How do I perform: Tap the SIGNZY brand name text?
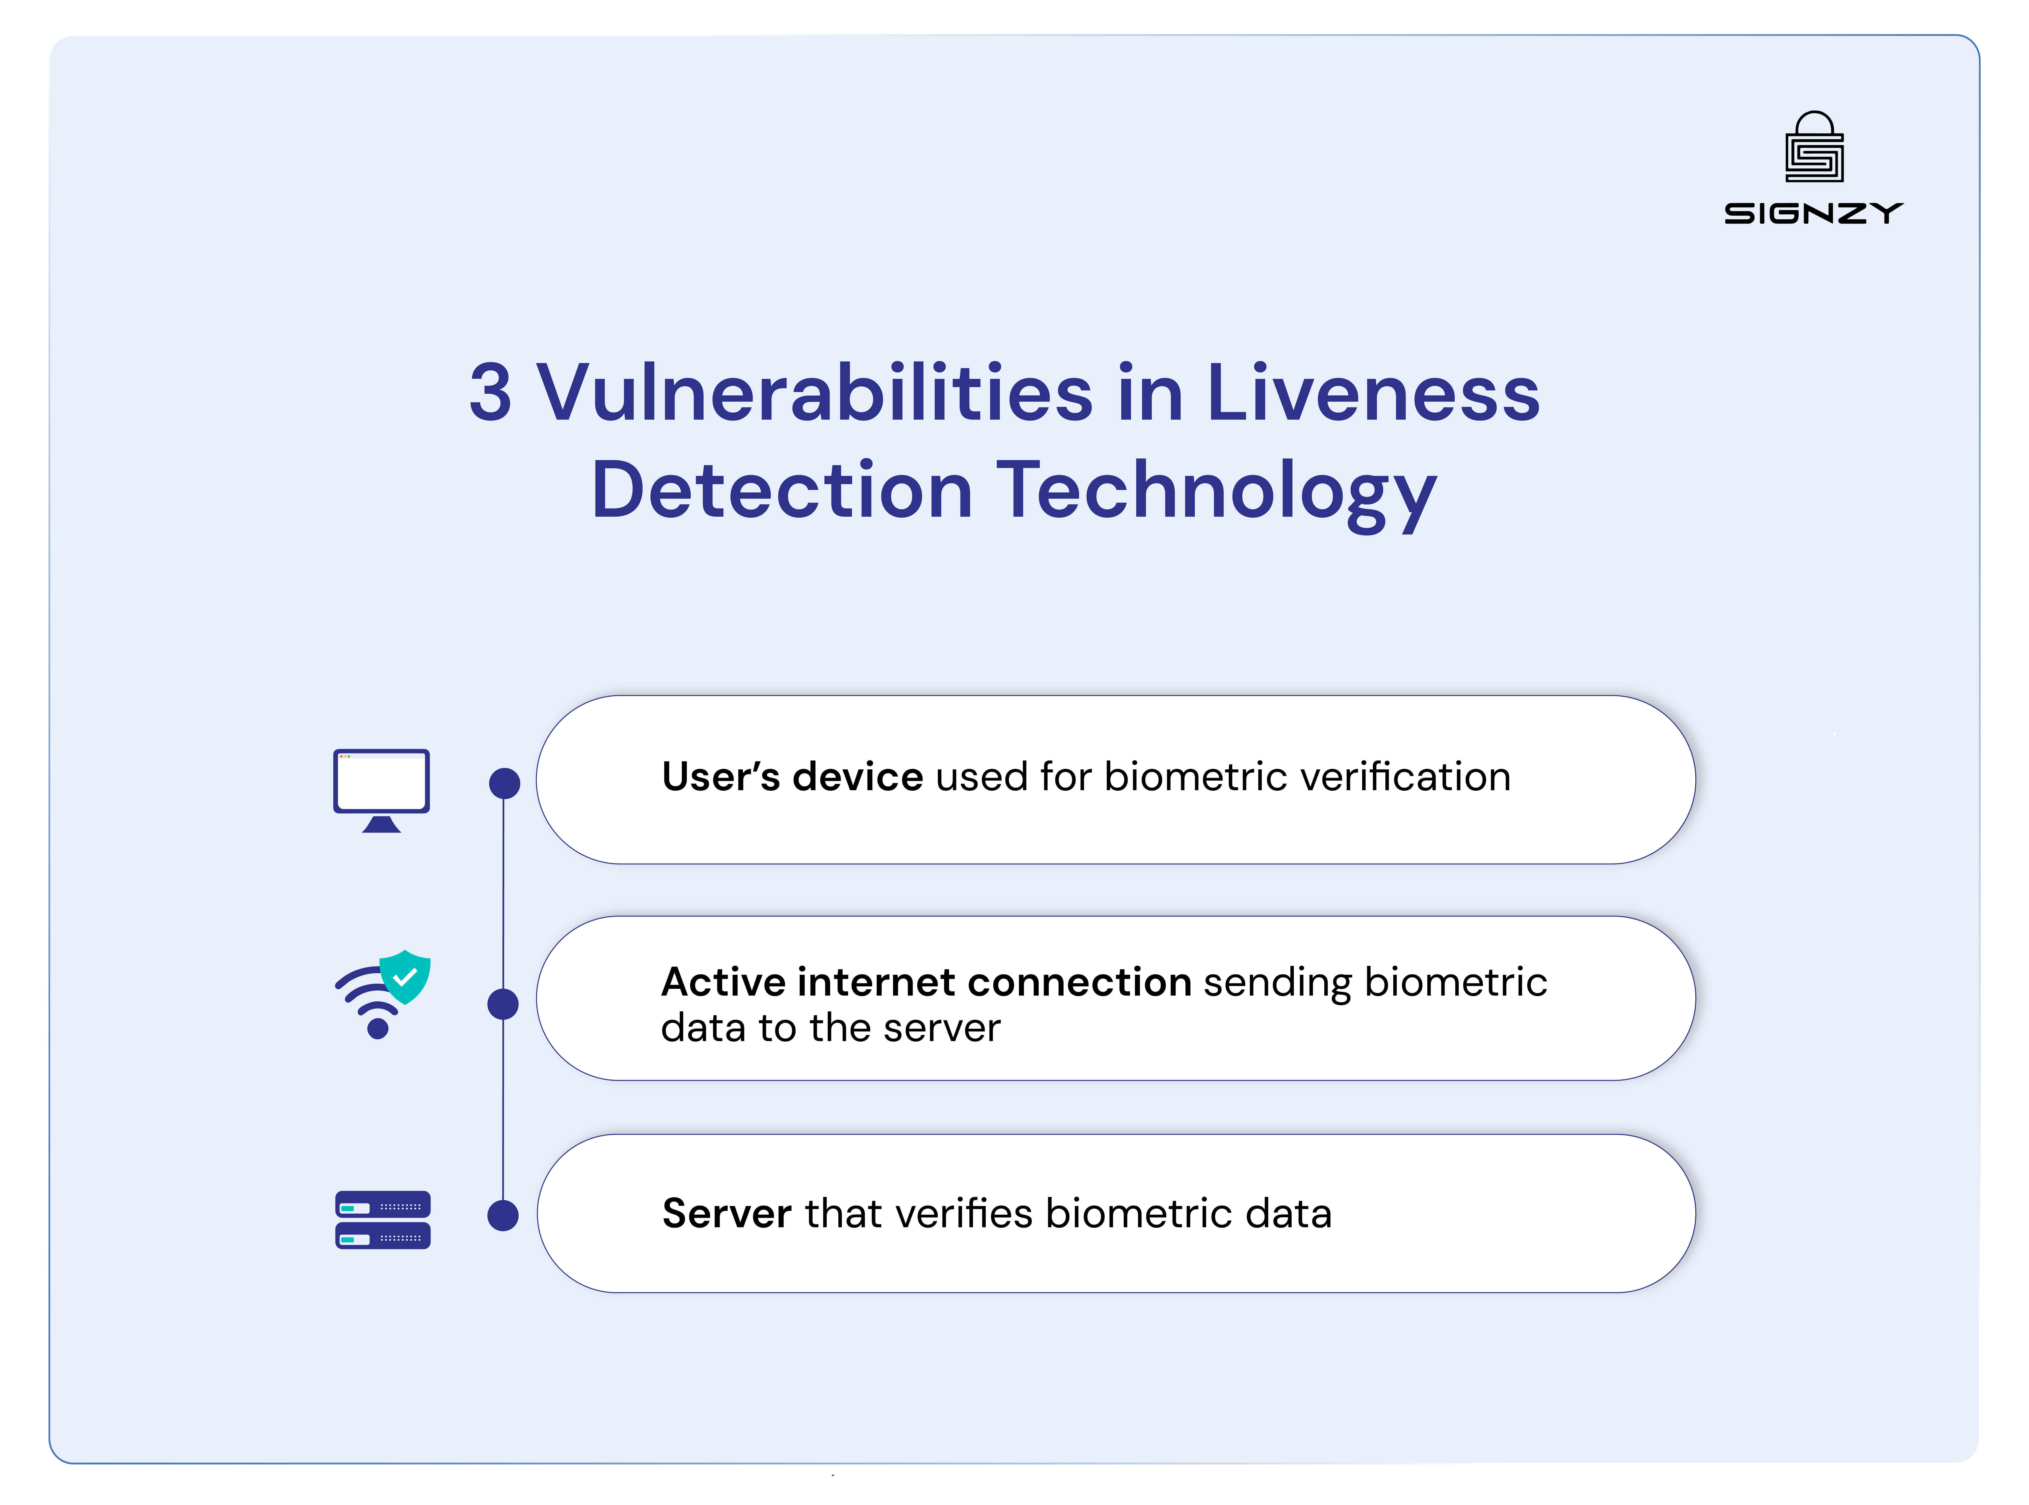[x=1813, y=213]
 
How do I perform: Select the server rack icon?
[x=382, y=1220]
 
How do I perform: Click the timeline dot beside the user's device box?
[x=505, y=782]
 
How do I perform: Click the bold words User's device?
[x=792, y=777]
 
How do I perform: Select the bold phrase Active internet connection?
[x=926, y=982]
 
